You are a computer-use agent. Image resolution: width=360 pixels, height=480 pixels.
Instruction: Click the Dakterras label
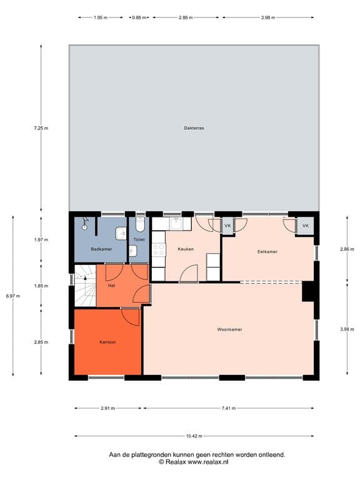click(194, 128)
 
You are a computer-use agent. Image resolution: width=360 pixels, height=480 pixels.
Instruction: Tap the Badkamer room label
click(101, 249)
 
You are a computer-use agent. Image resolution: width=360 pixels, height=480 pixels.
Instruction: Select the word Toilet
click(139, 239)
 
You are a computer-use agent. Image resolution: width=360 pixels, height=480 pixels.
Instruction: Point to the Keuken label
click(186, 249)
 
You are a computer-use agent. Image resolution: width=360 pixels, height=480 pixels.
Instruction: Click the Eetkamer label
click(267, 251)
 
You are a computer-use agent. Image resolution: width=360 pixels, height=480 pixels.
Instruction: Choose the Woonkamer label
click(229, 329)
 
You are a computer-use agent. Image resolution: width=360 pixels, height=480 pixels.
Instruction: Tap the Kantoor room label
click(107, 342)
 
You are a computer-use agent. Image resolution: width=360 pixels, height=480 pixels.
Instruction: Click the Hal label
click(111, 286)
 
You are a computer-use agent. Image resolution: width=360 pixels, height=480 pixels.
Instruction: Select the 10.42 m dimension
click(194, 436)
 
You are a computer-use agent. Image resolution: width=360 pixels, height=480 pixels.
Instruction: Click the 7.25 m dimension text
click(41, 128)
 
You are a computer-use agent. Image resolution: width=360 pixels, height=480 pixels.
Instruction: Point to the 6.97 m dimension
click(13, 296)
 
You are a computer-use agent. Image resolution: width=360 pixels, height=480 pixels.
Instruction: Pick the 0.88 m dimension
click(139, 17)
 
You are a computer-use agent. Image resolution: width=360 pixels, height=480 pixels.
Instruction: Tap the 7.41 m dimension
click(229, 408)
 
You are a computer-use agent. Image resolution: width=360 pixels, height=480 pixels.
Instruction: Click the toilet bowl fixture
click(140, 225)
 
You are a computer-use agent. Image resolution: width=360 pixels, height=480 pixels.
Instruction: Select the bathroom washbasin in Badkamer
click(121, 234)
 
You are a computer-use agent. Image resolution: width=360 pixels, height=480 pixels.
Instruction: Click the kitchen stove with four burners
click(159, 249)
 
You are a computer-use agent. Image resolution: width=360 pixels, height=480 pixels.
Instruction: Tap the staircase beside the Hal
click(86, 286)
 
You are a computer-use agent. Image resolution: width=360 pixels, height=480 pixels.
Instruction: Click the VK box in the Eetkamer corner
click(305, 226)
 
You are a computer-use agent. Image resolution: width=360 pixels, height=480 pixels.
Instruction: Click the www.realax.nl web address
click(207, 462)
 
